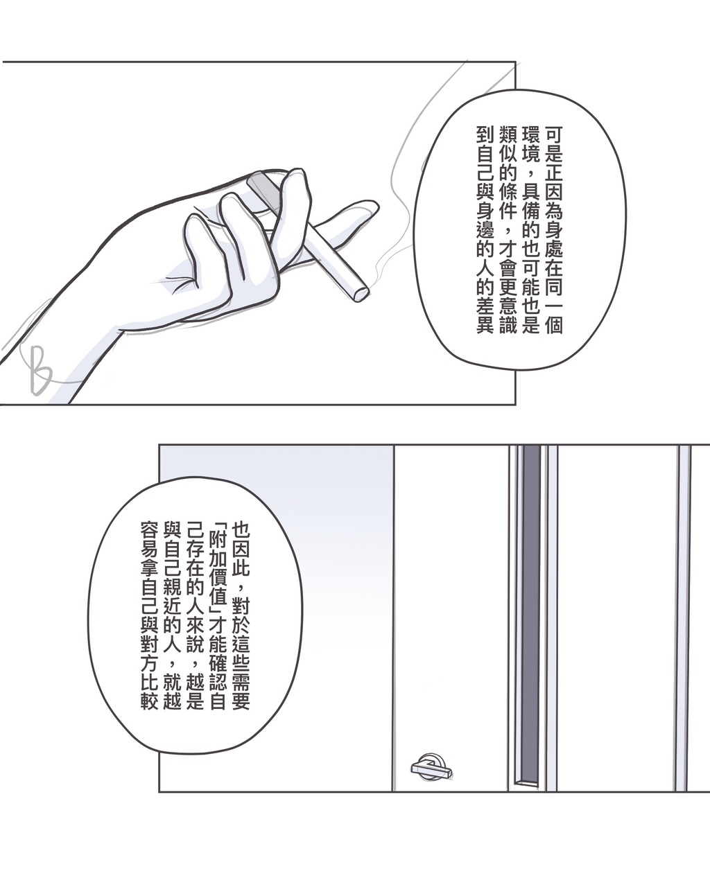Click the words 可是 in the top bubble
pos(553,144)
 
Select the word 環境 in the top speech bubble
pos(530,144)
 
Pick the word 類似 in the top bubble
pos(508,144)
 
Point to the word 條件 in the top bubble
pos(508,201)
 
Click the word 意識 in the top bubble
pos(508,315)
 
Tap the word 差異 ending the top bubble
pos(485,315)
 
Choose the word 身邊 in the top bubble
pos(485,220)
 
